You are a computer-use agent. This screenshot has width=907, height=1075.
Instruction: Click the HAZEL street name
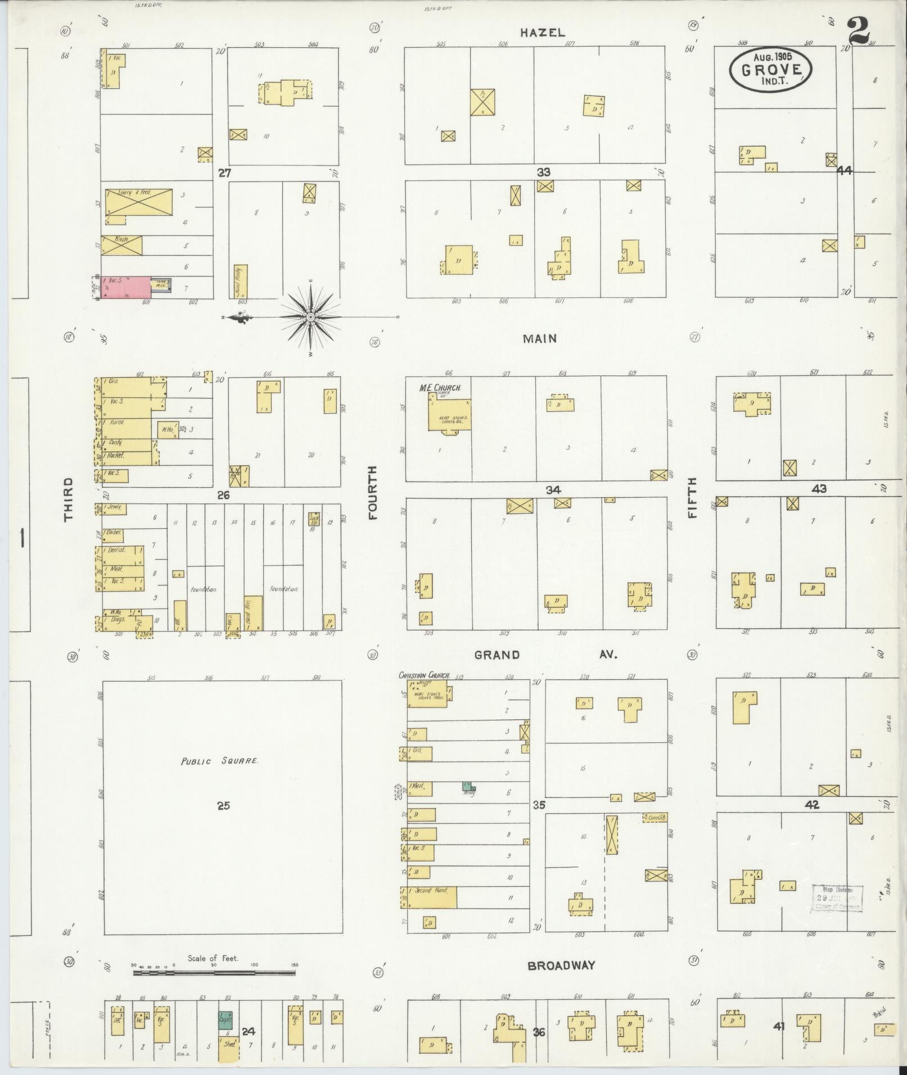point(542,33)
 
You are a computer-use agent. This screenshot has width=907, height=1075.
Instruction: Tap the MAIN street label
point(539,338)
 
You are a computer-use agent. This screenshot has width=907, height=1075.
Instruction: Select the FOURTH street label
point(372,493)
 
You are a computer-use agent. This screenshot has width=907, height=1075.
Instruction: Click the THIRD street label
point(68,499)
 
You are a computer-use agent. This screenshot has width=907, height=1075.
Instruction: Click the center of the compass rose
point(310,317)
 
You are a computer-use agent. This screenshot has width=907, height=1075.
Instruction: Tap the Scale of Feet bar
point(214,973)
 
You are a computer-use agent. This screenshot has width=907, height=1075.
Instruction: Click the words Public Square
point(219,761)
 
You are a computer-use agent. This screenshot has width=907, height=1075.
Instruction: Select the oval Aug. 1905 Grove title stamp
point(770,70)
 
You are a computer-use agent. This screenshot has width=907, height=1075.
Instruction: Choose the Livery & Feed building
point(138,202)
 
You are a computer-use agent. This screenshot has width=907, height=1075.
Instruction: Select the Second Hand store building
point(431,897)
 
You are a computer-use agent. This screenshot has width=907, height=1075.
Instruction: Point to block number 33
point(543,172)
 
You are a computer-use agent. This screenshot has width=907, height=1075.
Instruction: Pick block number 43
point(819,488)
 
